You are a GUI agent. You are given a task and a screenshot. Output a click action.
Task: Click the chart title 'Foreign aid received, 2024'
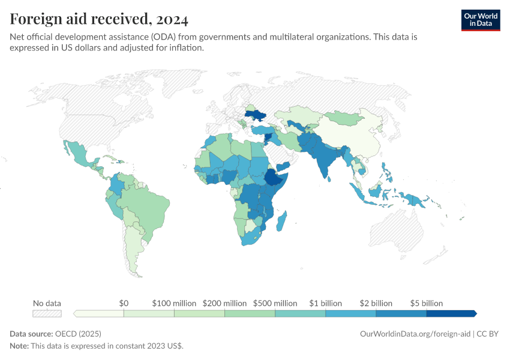(x=99, y=19)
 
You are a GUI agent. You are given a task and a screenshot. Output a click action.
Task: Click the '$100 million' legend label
(x=173, y=303)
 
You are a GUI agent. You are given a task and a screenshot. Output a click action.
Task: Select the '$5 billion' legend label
(x=426, y=303)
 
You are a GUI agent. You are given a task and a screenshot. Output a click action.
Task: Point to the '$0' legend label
(x=124, y=303)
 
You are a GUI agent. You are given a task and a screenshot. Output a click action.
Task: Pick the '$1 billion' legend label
(x=325, y=303)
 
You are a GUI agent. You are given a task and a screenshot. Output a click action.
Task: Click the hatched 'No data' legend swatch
(x=47, y=313)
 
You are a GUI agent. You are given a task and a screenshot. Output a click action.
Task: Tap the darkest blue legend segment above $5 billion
(x=450, y=313)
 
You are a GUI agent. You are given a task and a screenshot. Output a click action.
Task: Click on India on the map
(x=326, y=161)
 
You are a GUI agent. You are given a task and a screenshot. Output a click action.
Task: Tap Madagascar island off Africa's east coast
(x=281, y=221)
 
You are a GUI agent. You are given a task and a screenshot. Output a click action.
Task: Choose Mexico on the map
(x=80, y=157)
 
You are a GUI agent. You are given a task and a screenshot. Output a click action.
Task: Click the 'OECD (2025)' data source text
(x=78, y=334)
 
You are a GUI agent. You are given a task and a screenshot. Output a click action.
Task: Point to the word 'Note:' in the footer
(x=20, y=346)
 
